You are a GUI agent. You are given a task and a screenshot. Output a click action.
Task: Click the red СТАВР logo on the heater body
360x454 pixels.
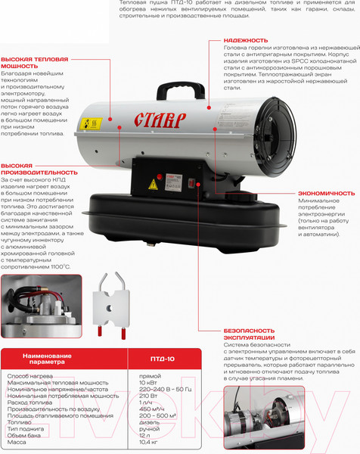click(160, 120)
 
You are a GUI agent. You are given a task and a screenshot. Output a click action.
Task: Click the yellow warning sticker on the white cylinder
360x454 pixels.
click(91, 124)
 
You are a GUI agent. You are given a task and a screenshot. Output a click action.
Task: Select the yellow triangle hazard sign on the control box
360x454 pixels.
click(153, 185)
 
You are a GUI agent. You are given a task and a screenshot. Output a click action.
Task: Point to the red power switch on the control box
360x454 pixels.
click(191, 183)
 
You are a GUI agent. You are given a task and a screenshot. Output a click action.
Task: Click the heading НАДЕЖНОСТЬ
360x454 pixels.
click(246, 41)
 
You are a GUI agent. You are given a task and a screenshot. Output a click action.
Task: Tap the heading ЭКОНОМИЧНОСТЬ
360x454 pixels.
click(327, 194)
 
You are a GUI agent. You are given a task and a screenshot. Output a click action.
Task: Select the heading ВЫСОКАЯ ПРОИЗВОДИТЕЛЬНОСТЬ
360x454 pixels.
click(39, 169)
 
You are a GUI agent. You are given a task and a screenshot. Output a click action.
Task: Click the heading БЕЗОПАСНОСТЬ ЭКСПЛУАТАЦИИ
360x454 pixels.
click(249, 334)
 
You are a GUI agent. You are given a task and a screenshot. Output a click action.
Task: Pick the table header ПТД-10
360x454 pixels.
click(163, 359)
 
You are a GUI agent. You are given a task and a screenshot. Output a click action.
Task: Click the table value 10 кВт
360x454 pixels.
click(148, 383)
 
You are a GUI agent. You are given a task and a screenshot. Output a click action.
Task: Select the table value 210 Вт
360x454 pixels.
click(148, 396)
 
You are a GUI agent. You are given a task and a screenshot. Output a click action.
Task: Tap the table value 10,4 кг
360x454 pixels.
click(148, 442)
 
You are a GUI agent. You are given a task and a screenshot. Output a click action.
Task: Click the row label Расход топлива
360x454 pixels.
click(29, 403)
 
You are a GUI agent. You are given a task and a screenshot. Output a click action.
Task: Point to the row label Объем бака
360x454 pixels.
click(24, 436)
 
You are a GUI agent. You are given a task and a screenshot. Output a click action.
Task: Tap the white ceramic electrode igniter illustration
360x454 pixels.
click(111, 306)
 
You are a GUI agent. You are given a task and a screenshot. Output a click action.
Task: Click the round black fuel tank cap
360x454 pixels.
click(242, 197)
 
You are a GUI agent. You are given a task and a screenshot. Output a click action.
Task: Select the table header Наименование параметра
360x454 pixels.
click(47, 359)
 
